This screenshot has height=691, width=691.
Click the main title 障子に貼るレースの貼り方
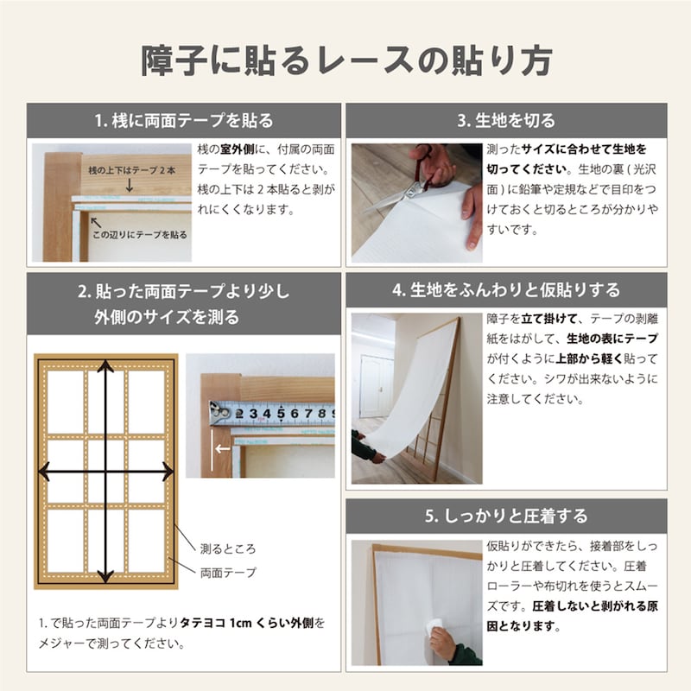click(x=346, y=60)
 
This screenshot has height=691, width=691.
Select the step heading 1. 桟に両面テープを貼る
click(x=184, y=120)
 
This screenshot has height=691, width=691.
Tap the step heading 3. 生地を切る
click(x=506, y=120)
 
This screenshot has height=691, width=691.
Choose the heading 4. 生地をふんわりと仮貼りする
click(x=506, y=290)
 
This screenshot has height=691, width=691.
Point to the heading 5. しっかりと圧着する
click(x=506, y=516)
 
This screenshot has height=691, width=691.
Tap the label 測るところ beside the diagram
click(x=228, y=548)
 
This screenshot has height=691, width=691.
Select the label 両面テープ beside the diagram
click(x=228, y=573)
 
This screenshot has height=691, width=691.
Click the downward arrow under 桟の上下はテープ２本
click(x=129, y=185)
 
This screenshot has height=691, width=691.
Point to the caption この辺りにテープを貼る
click(x=139, y=235)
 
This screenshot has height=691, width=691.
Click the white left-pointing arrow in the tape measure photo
click(x=223, y=449)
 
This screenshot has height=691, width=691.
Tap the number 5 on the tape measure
click(x=281, y=414)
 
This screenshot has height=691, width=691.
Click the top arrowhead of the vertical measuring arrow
click(x=105, y=366)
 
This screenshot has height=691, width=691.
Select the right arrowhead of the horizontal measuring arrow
click(x=168, y=471)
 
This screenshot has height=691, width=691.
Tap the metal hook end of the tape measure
click(x=219, y=413)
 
